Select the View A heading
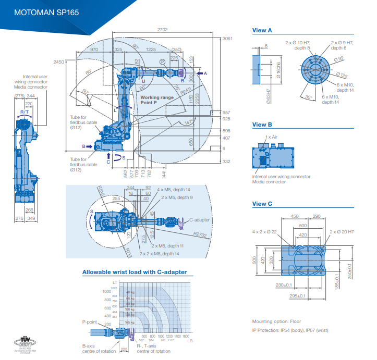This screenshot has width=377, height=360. tap(262, 30)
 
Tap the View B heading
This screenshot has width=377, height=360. tap(262, 125)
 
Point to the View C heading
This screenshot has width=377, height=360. tap(262, 204)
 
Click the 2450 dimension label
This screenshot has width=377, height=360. tap(58, 62)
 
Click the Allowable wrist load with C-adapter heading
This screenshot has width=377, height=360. tap(134, 272)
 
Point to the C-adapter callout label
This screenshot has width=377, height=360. tap(199, 220)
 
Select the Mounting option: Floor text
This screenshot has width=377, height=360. tap(276, 321)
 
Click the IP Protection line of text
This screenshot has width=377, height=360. tap(290, 330)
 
